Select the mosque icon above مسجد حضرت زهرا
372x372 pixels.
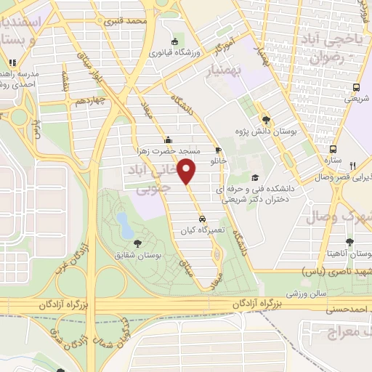(169, 140)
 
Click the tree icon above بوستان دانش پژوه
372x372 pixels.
(267, 120)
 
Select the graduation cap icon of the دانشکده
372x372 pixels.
(254, 177)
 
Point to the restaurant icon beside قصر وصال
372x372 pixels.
(352, 166)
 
